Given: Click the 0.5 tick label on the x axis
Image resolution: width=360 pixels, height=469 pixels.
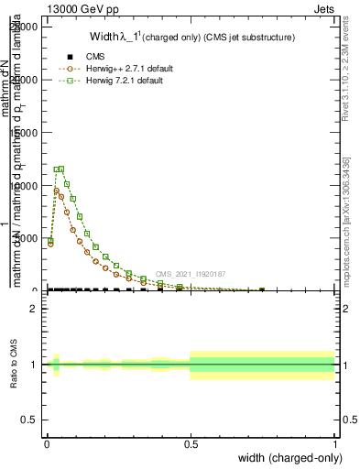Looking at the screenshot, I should coord(191,442).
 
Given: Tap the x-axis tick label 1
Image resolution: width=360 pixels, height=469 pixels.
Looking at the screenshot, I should coord(334,442).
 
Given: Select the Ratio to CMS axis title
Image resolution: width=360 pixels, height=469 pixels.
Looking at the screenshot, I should coord(15,365).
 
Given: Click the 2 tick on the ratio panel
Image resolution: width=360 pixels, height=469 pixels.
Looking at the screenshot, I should coord(33,309).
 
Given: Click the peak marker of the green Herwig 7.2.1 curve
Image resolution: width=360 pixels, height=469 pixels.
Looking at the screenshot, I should coord(60,169).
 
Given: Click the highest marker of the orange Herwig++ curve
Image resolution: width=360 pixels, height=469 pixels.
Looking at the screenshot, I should coord(56,191).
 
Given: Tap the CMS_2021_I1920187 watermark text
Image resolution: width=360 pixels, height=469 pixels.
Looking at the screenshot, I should coord(190,274).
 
